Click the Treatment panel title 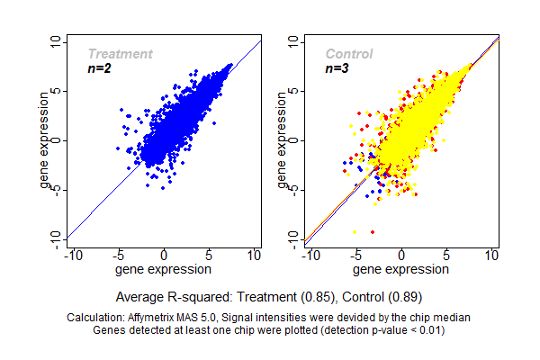point(120,54)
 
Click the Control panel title point(349,54)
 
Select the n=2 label point(99,68)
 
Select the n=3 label point(337,68)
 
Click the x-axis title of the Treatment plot point(165,269)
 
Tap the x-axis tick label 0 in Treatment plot point(165,256)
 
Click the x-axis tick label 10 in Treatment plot point(255,256)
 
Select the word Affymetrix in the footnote point(159,319)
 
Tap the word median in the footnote point(454,319)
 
